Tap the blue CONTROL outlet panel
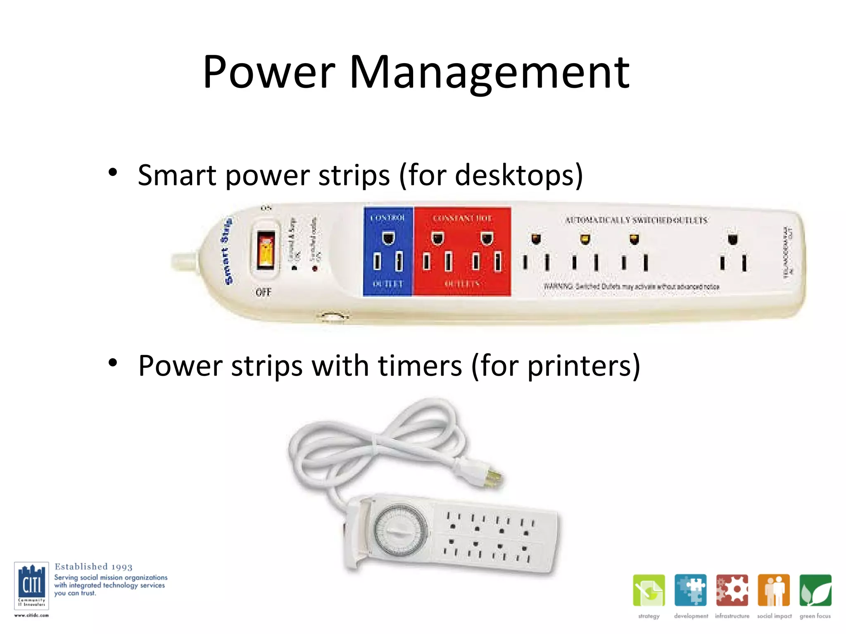pyautogui.click(x=388, y=251)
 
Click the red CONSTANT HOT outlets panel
pyautogui.click(x=462, y=251)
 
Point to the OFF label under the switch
pyautogui.click(x=264, y=292)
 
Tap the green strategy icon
pyautogui.click(x=649, y=590)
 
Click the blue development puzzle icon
pyautogui.click(x=690, y=590)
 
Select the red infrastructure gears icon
pyautogui.click(x=732, y=590)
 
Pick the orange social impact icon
pyautogui.click(x=774, y=590)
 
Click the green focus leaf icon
pyautogui.click(x=815, y=590)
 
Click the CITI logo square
pyautogui.click(x=31, y=585)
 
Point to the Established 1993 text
pyautogui.click(x=94, y=567)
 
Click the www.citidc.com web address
pyautogui.click(x=31, y=615)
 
